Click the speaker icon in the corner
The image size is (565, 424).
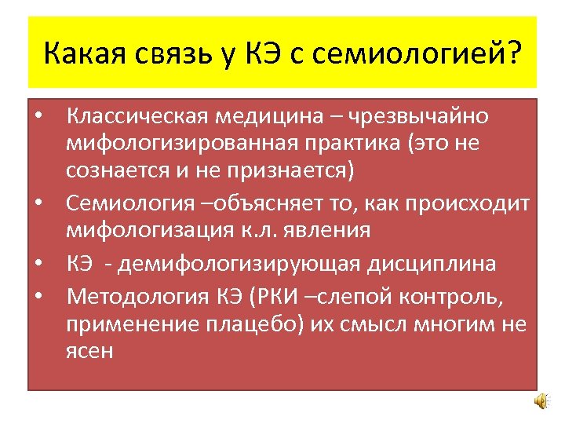point(541,401)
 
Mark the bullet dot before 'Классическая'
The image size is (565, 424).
point(38,118)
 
